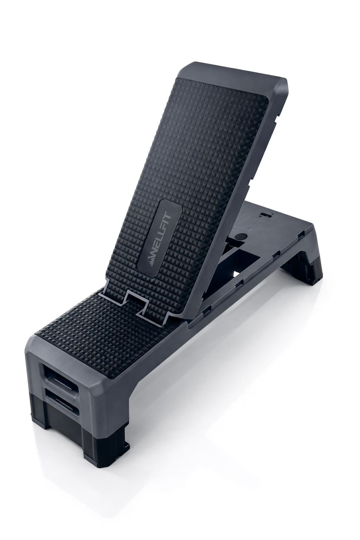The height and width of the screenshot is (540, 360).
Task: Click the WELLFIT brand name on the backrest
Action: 159,236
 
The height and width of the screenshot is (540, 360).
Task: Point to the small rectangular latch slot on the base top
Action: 265,215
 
